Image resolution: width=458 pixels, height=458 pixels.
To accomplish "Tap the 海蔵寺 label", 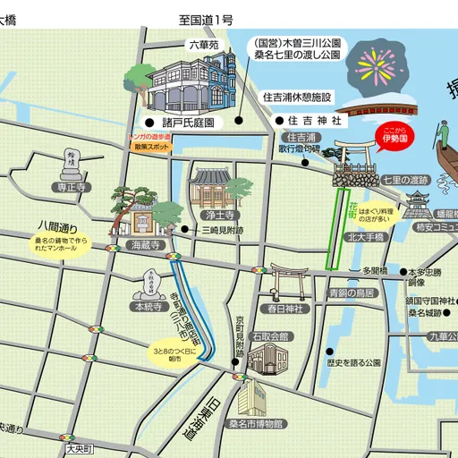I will (143, 244).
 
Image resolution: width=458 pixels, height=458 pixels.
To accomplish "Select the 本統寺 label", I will (147, 307).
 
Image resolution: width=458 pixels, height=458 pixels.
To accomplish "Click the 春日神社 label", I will (285, 309).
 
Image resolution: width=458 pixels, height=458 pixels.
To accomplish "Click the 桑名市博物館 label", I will (255, 423).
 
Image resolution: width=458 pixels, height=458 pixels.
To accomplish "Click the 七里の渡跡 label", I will (406, 180).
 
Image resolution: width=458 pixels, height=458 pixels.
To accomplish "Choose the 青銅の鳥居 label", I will (351, 292).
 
